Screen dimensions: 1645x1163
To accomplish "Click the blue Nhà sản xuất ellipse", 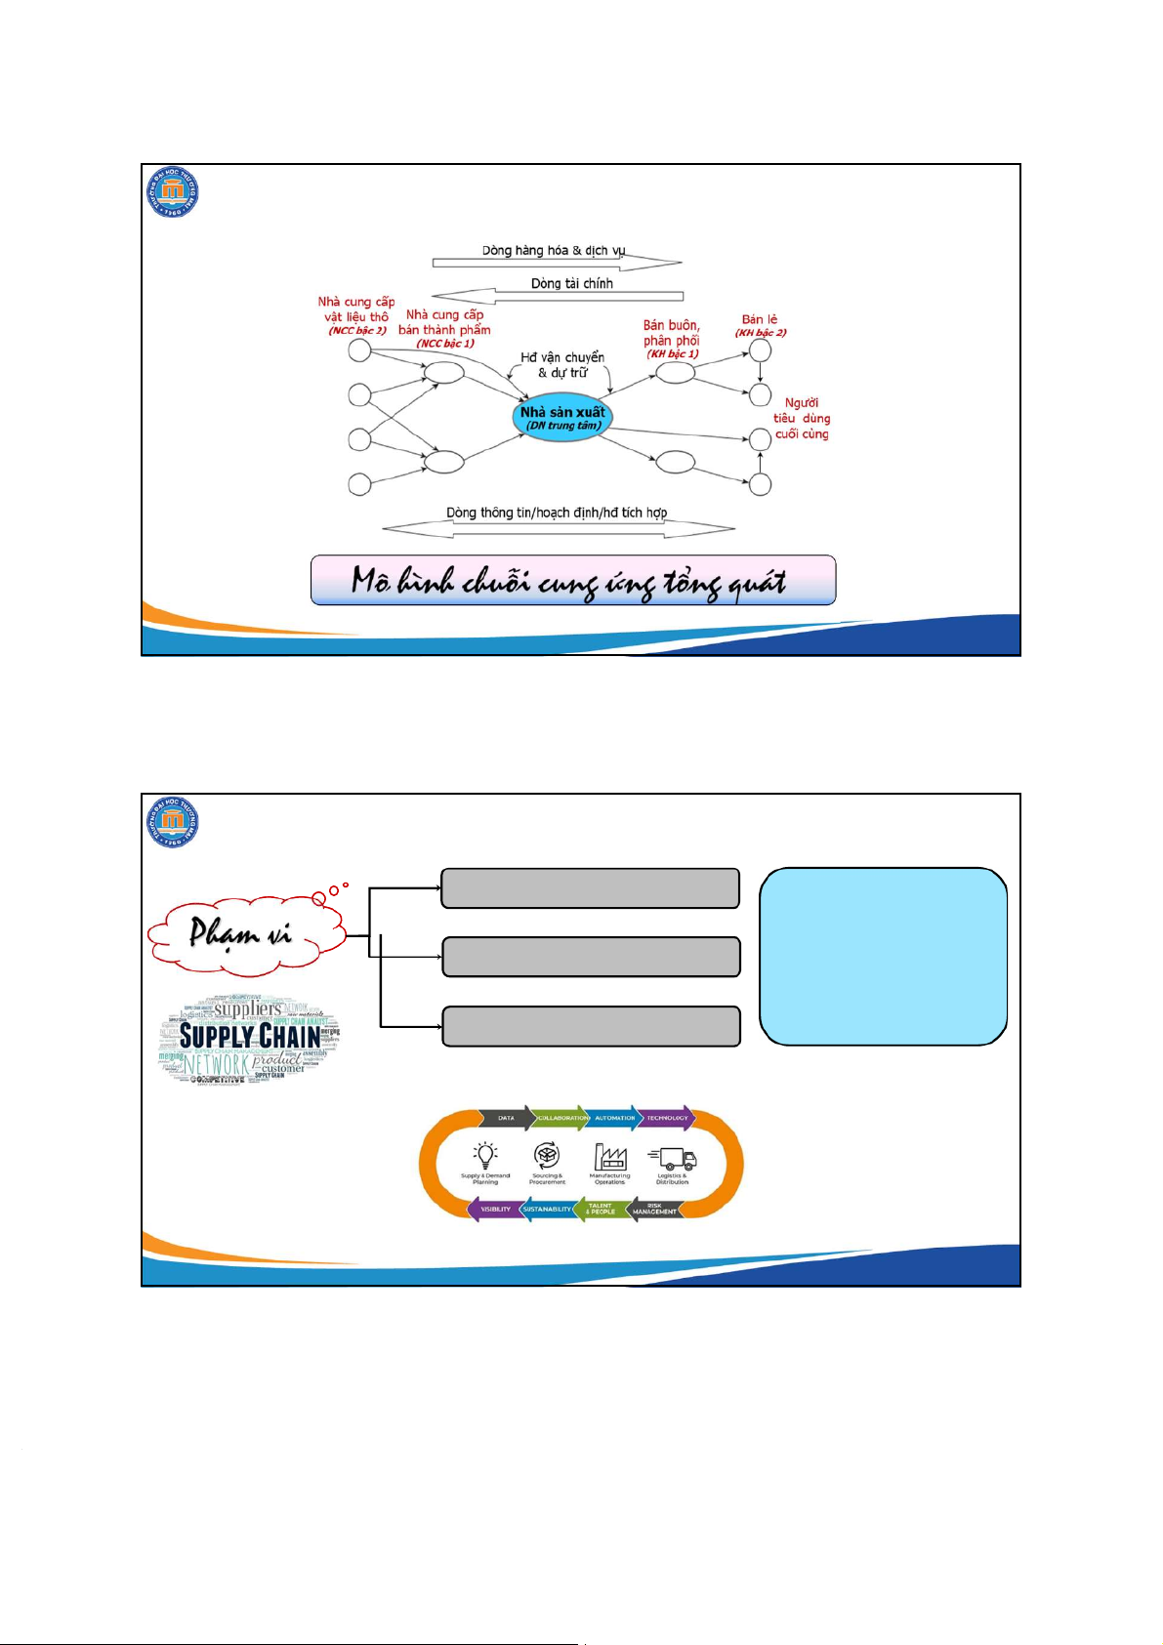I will (561, 418).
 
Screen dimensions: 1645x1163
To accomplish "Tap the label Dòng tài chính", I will (571, 283).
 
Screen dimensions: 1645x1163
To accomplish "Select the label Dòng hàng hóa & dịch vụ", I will (554, 251).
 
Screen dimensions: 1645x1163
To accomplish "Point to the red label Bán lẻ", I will (760, 319).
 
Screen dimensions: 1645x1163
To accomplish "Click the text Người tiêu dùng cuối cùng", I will (802, 418).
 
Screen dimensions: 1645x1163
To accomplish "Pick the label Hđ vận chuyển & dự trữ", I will (562, 364).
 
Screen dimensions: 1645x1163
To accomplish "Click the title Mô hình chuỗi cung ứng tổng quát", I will (573, 581).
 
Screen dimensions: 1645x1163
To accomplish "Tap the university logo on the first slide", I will (173, 190).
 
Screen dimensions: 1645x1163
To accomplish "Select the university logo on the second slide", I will (173, 821).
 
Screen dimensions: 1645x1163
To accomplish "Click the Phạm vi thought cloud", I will (244, 934).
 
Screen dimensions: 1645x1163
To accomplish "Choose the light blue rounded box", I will (883, 956).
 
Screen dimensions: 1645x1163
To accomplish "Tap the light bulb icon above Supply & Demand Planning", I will (485, 1156).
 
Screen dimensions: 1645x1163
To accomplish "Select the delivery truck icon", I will (673, 1158).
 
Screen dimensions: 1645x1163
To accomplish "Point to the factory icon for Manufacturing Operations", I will (610, 1157).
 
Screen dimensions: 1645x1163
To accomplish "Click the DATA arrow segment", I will (506, 1118).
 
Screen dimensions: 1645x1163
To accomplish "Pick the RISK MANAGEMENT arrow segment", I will (654, 1209).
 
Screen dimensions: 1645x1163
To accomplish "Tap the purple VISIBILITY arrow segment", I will (495, 1209).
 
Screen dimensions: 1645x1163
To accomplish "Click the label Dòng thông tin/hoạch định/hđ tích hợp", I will (557, 513).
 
